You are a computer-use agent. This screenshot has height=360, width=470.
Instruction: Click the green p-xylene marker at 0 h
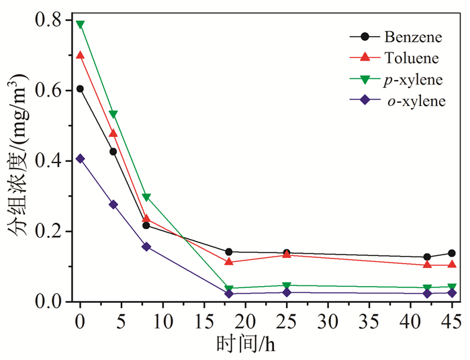point(81,25)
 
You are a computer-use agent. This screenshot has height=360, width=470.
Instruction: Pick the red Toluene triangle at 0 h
point(81,55)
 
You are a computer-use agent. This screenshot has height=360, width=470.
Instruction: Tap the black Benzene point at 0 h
point(81,89)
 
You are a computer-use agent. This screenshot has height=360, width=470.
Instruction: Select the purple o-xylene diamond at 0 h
point(81,159)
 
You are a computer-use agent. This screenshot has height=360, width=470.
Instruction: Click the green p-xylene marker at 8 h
point(146,197)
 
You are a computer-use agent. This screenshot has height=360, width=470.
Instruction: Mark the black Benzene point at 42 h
point(427,257)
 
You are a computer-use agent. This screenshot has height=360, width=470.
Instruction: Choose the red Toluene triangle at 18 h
point(229,261)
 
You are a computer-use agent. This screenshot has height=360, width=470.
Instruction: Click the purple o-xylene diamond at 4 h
point(113,204)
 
